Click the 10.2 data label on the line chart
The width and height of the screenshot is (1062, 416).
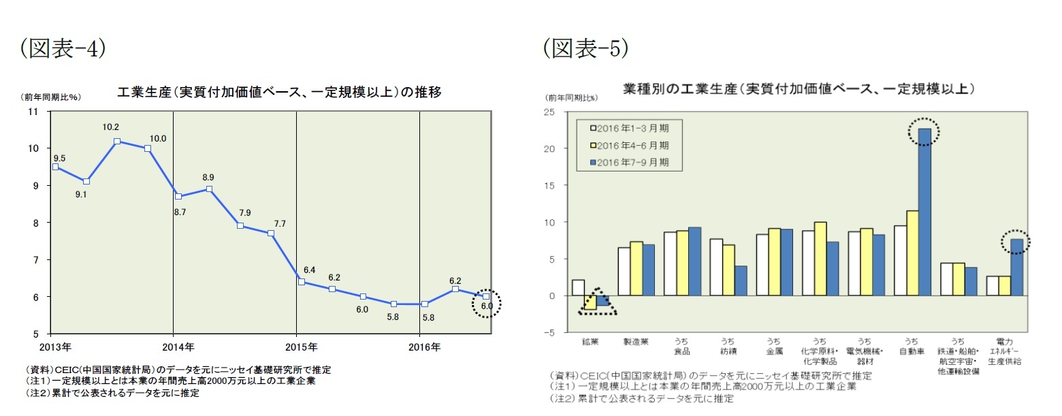pos(111,127)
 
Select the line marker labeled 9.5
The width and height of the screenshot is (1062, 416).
pos(55,167)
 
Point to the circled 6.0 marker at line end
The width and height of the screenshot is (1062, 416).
pos(486,297)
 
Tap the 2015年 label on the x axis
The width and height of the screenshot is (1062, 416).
pos(296,347)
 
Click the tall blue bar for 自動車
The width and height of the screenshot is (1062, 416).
pos(924,212)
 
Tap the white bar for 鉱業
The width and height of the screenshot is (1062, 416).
pos(578,288)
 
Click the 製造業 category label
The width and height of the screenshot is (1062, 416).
pos(631,341)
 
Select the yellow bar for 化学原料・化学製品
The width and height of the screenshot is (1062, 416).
pos(820,259)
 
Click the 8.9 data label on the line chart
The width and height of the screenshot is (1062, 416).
pos(209,177)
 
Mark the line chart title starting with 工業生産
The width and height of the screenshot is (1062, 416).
pos(279,93)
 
